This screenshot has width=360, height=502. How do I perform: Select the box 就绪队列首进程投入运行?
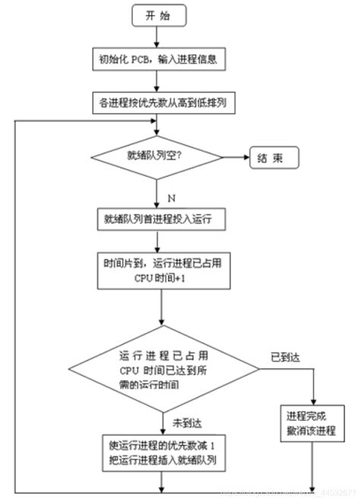pos(158,219)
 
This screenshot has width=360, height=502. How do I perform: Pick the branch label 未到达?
pos(185,422)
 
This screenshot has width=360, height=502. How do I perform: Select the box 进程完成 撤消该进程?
pos(311,424)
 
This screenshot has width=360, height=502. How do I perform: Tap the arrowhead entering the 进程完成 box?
pos(314,399)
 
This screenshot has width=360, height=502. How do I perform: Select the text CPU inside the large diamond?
pos(130,370)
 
